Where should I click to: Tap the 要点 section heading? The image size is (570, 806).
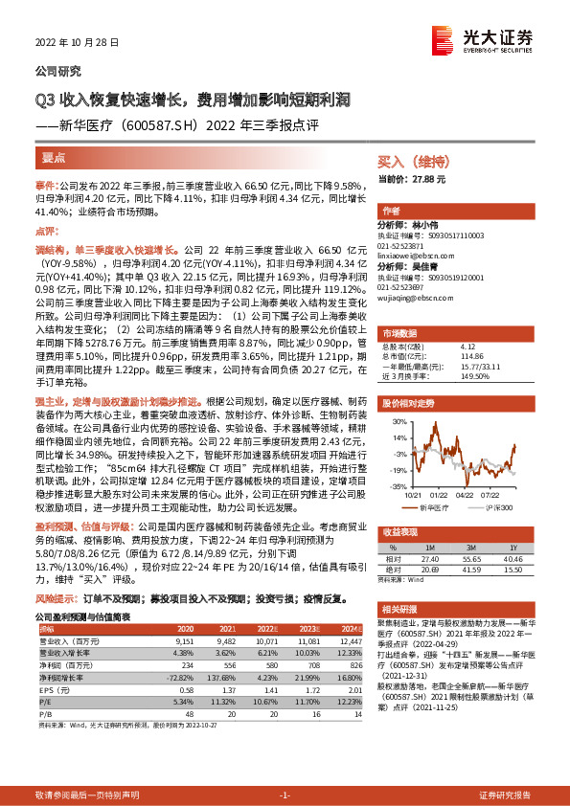54,157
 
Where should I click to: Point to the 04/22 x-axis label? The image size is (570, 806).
465,495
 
